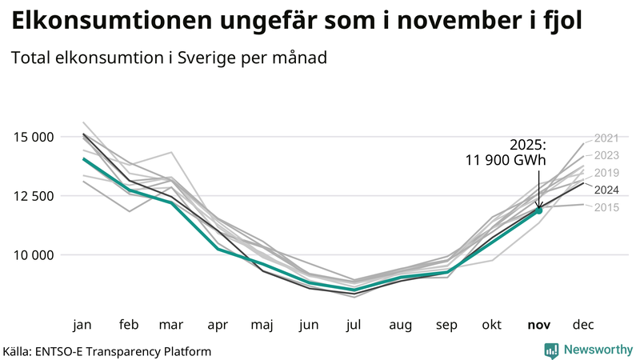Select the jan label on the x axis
tap(82, 325)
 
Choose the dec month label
tap(583, 325)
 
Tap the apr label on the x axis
tap(218, 325)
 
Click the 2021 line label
tap(607, 138)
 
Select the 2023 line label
tap(607, 155)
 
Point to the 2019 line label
tap(607, 173)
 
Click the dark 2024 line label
tap(607, 190)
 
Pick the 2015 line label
tap(607, 207)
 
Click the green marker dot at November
tap(538, 210)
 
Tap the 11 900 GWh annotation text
tap(506, 161)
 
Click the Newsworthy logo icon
tap(551, 350)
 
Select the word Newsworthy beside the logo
tap(597, 350)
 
